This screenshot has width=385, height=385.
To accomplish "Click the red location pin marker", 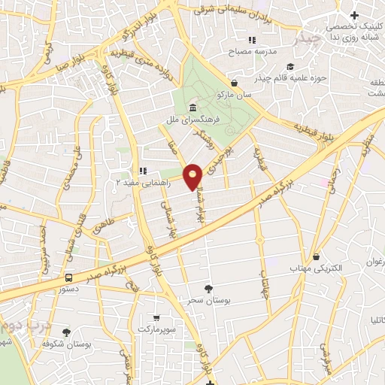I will (x=194, y=176).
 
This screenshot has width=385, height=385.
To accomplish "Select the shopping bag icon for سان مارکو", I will (x=235, y=83).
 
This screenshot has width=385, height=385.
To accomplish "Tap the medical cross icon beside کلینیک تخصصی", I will (x=354, y=16).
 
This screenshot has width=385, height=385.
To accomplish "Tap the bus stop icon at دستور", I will (x=70, y=277).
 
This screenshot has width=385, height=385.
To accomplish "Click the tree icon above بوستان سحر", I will (x=208, y=289).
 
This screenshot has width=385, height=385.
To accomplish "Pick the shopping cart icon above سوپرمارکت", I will (x=156, y=318).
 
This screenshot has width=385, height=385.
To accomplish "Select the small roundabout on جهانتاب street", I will (x=261, y=241).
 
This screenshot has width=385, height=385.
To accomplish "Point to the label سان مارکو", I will (x=235, y=95).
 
